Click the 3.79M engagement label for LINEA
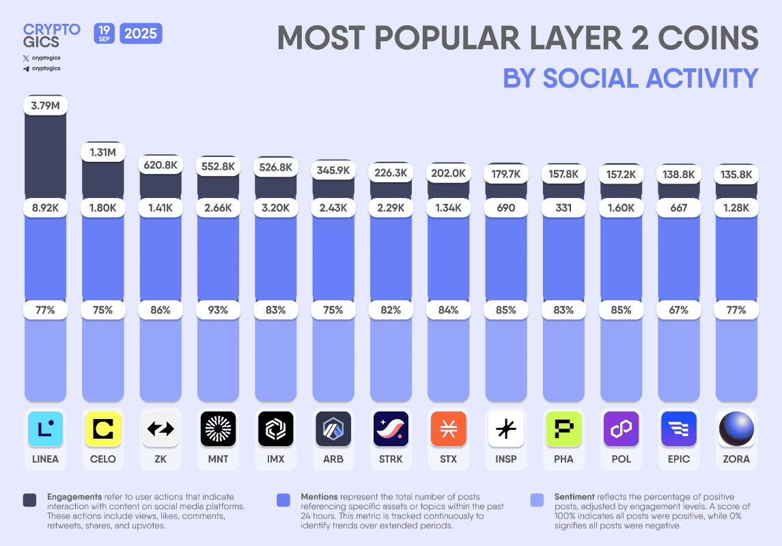tap(45, 105)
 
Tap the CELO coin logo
tap(102, 429)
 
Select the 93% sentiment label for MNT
tap(218, 310)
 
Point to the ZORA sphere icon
tap(736, 429)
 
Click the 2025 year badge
tap(141, 33)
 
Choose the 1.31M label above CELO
tap(102, 152)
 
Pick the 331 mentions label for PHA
tap(563, 207)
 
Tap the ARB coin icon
tap(333, 429)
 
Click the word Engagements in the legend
tap(74, 497)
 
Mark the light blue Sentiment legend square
tap(537, 500)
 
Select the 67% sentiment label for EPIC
tap(679, 310)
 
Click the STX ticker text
tap(448, 459)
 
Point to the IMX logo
tap(275, 429)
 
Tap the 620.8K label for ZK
tap(160, 164)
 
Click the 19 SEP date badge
tap(104, 32)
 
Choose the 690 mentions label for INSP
tap(506, 207)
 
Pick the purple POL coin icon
tap(621, 429)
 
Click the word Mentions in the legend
tap(323, 497)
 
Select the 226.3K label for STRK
tap(391, 173)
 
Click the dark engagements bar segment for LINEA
tap(45, 157)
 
